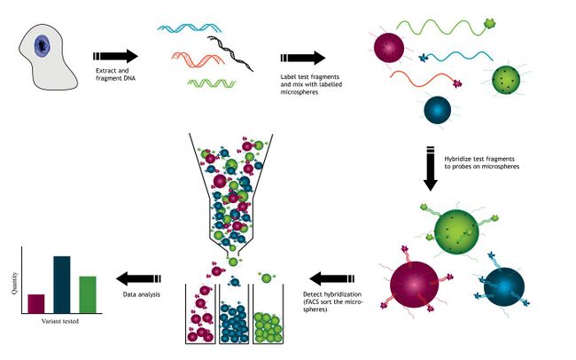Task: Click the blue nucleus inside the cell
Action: tap(42, 46)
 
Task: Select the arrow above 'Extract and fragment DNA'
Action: tap(115, 56)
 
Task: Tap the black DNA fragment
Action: tap(230, 53)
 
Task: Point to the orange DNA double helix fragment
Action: tap(198, 59)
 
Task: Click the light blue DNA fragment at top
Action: tap(189, 28)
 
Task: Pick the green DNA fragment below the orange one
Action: tap(211, 83)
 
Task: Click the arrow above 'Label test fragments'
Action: tap(303, 58)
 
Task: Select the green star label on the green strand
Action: tap(490, 24)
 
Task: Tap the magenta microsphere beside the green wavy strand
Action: tap(389, 48)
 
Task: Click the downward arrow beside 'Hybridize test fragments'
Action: tap(430, 168)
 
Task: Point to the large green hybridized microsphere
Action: tap(456, 231)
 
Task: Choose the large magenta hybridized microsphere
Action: tap(415, 286)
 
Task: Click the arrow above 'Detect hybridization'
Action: tap(332, 278)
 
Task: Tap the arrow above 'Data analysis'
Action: tap(138, 278)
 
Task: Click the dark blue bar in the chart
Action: tap(62, 285)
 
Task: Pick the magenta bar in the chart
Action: tap(36, 304)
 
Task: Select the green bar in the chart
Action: tap(88, 295)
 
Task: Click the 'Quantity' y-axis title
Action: tap(14, 283)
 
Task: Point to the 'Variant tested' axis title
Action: tap(60, 321)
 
